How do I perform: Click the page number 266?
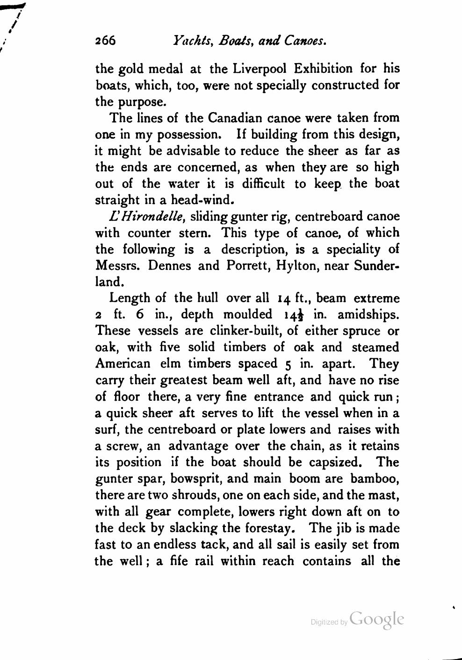pyautogui.click(x=105, y=41)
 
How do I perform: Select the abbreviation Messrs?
pyautogui.click(x=119, y=265)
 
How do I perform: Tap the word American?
pyautogui.click(x=123, y=363)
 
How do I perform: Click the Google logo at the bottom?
pyautogui.click(x=376, y=619)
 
